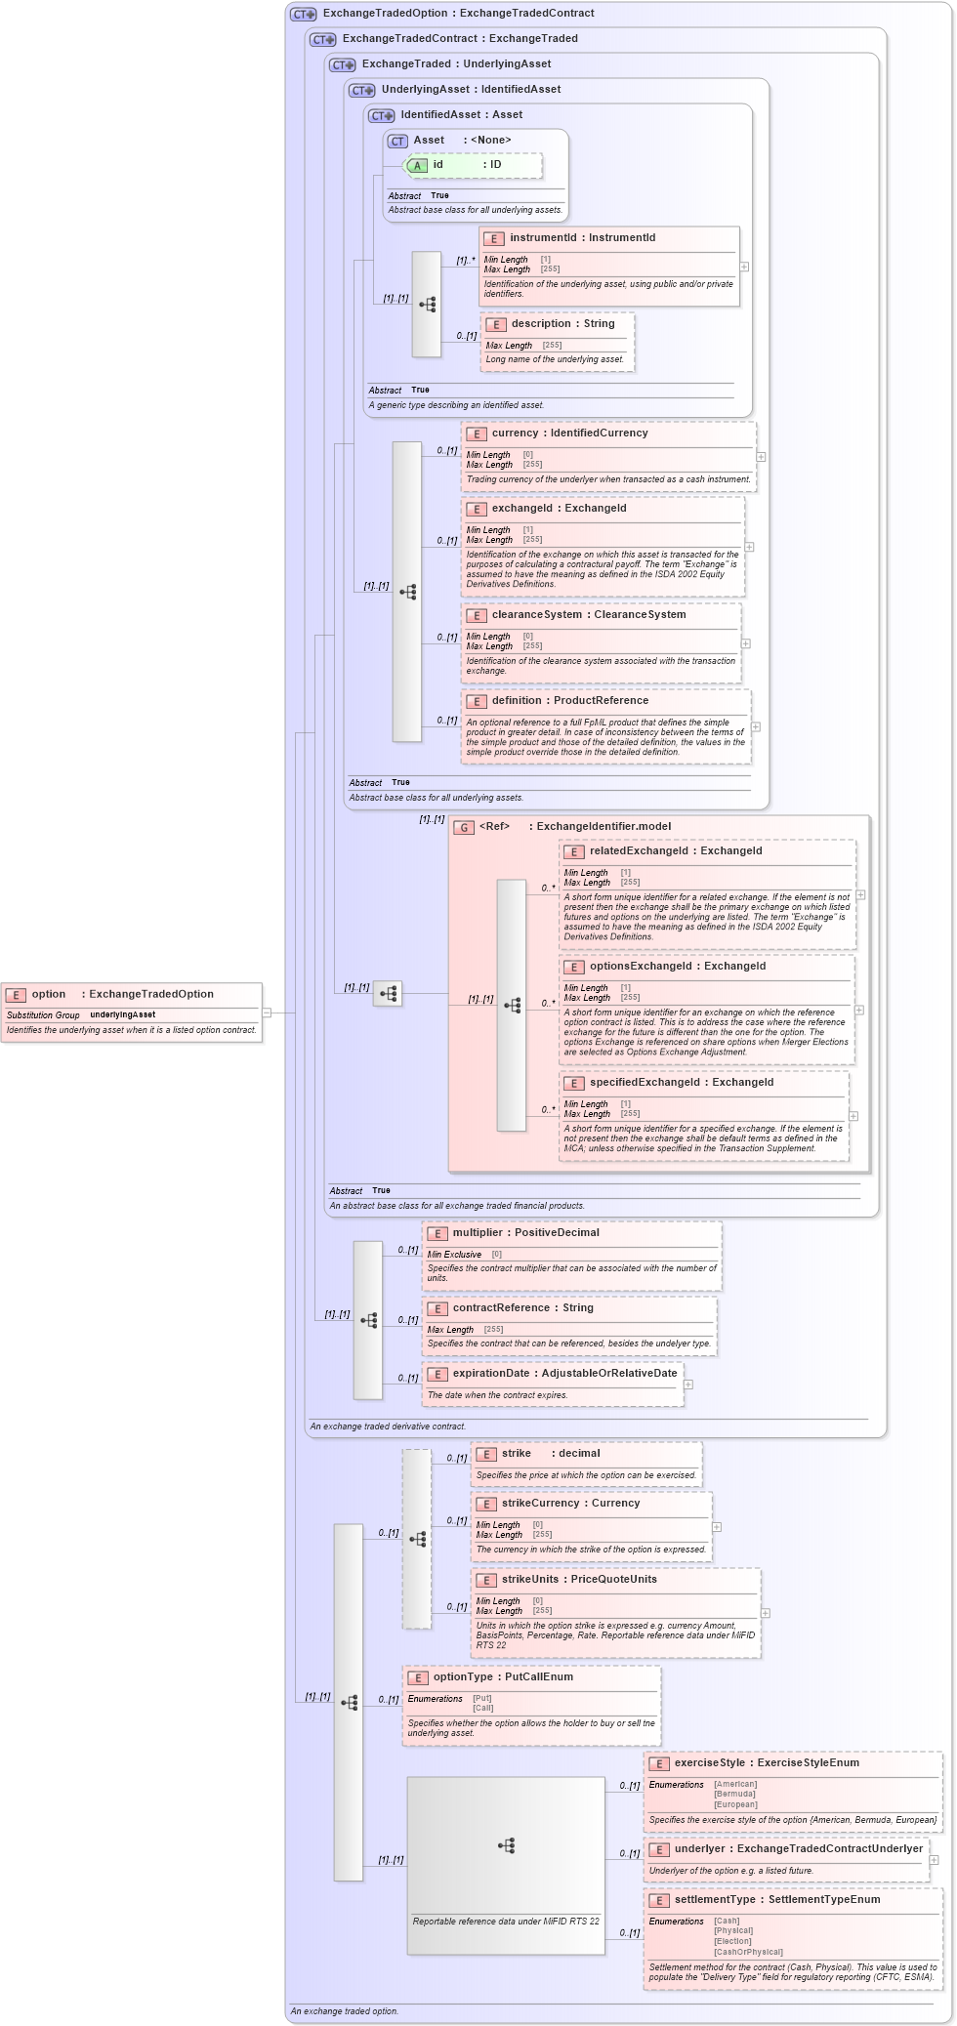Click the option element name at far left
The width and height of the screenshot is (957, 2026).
click(48, 994)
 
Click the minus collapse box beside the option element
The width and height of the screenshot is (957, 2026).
click(267, 1013)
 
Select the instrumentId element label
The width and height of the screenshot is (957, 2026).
click(543, 237)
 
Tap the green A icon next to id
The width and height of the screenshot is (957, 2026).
click(417, 165)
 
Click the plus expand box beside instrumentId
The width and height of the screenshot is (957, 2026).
click(744, 267)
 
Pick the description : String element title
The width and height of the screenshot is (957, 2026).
click(562, 323)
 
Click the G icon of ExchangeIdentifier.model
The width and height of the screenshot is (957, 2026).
click(465, 827)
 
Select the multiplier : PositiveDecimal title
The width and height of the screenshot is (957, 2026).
click(525, 1232)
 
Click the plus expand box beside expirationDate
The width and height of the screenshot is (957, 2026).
click(688, 1385)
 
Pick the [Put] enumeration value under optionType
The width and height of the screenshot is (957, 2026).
click(482, 1698)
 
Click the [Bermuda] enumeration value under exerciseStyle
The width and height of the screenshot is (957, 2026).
click(734, 1794)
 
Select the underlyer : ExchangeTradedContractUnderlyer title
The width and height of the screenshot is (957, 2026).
click(798, 1848)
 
